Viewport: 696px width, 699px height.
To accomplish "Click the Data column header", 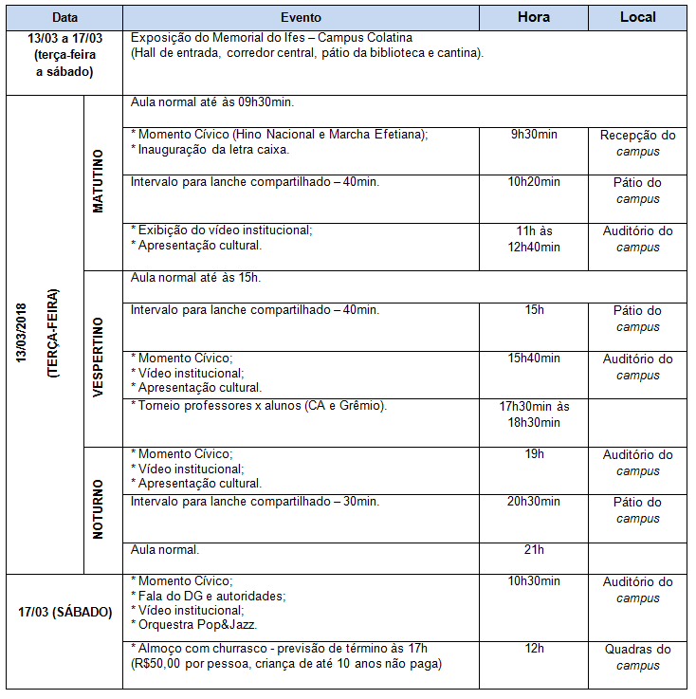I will [x=65, y=18].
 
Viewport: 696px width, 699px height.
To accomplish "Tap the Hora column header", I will [x=533, y=18].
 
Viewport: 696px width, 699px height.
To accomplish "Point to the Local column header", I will [x=637, y=18].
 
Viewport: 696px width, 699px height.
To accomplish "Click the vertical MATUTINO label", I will [x=100, y=181].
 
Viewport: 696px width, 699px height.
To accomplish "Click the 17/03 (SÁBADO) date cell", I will [x=65, y=612].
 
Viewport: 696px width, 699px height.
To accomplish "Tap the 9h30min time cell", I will [x=533, y=135].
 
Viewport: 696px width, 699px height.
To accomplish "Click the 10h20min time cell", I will [x=533, y=182].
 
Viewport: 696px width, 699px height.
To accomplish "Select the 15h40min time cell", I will [x=533, y=359].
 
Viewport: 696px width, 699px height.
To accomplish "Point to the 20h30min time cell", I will [x=533, y=502].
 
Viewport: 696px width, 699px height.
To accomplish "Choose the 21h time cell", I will [x=533, y=549].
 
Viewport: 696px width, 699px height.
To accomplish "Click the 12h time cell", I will [x=533, y=649].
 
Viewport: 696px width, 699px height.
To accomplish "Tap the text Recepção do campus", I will [x=637, y=143].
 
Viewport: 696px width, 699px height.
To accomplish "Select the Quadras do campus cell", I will [x=637, y=657].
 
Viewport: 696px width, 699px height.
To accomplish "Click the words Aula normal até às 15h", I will [x=195, y=278].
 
